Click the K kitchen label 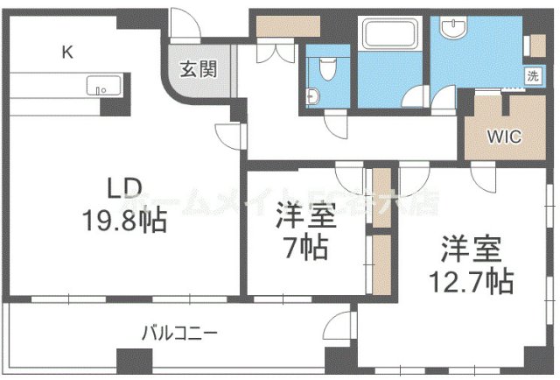pos(66,52)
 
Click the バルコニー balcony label pos(180,334)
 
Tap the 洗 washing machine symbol pos(532,76)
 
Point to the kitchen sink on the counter pos(99,86)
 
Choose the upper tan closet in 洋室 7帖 pos(381,195)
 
